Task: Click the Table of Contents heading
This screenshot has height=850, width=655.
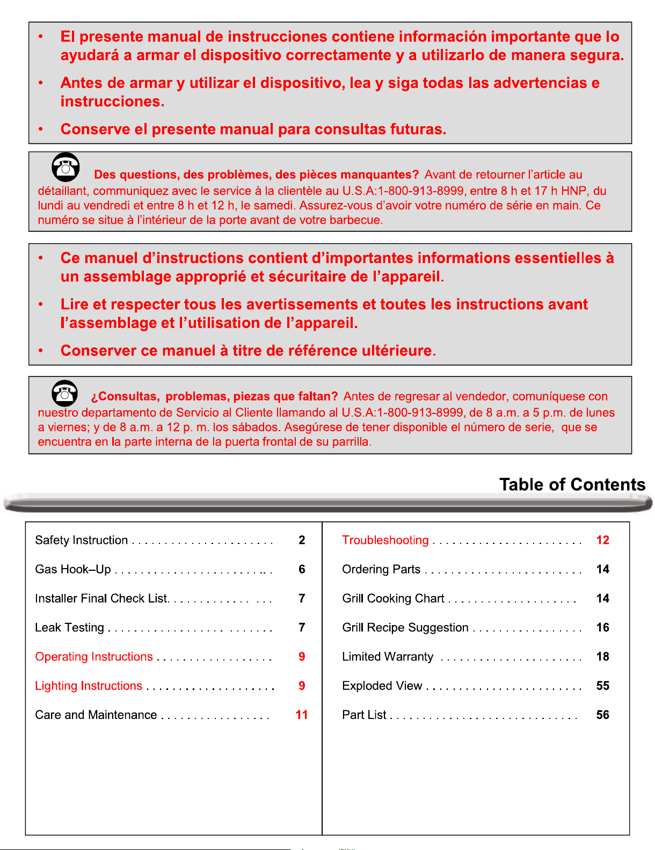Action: [572, 484]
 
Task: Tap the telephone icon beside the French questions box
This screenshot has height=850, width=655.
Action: [65, 167]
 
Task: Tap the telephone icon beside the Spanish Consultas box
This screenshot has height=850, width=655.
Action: [65, 393]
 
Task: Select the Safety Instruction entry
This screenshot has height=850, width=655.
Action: [82, 540]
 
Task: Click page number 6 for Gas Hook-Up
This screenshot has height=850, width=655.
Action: [302, 569]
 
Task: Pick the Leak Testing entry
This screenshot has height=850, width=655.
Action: [70, 627]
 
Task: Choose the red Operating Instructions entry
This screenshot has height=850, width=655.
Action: [94, 657]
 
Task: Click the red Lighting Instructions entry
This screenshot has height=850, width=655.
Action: [89, 686]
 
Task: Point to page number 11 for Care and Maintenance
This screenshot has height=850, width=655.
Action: [302, 715]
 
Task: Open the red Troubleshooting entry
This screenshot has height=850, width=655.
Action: [385, 540]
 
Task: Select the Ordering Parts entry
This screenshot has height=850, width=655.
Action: [381, 569]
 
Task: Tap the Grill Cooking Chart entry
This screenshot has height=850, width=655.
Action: [393, 598]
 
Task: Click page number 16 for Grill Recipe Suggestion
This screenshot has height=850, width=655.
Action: [602, 627]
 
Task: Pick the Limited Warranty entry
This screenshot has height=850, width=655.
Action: [388, 657]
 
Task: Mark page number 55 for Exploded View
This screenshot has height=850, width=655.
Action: [602, 686]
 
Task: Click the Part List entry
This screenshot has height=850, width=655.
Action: [364, 715]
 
